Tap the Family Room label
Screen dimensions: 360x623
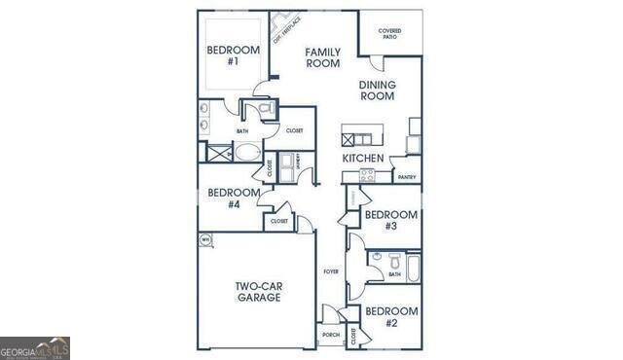[322, 57]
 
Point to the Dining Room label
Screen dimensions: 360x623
[377, 90]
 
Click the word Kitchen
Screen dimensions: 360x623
[362, 159]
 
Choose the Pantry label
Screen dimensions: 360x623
[407, 177]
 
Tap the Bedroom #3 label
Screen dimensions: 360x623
[390, 220]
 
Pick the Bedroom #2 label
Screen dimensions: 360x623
[390, 317]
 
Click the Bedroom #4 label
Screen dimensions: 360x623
[234, 198]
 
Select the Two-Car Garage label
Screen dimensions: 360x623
[258, 292]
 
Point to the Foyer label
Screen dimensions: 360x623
[331, 271]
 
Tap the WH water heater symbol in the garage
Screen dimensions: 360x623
[205, 239]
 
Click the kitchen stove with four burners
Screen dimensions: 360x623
[367, 175]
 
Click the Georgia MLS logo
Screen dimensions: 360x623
[35, 348]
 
